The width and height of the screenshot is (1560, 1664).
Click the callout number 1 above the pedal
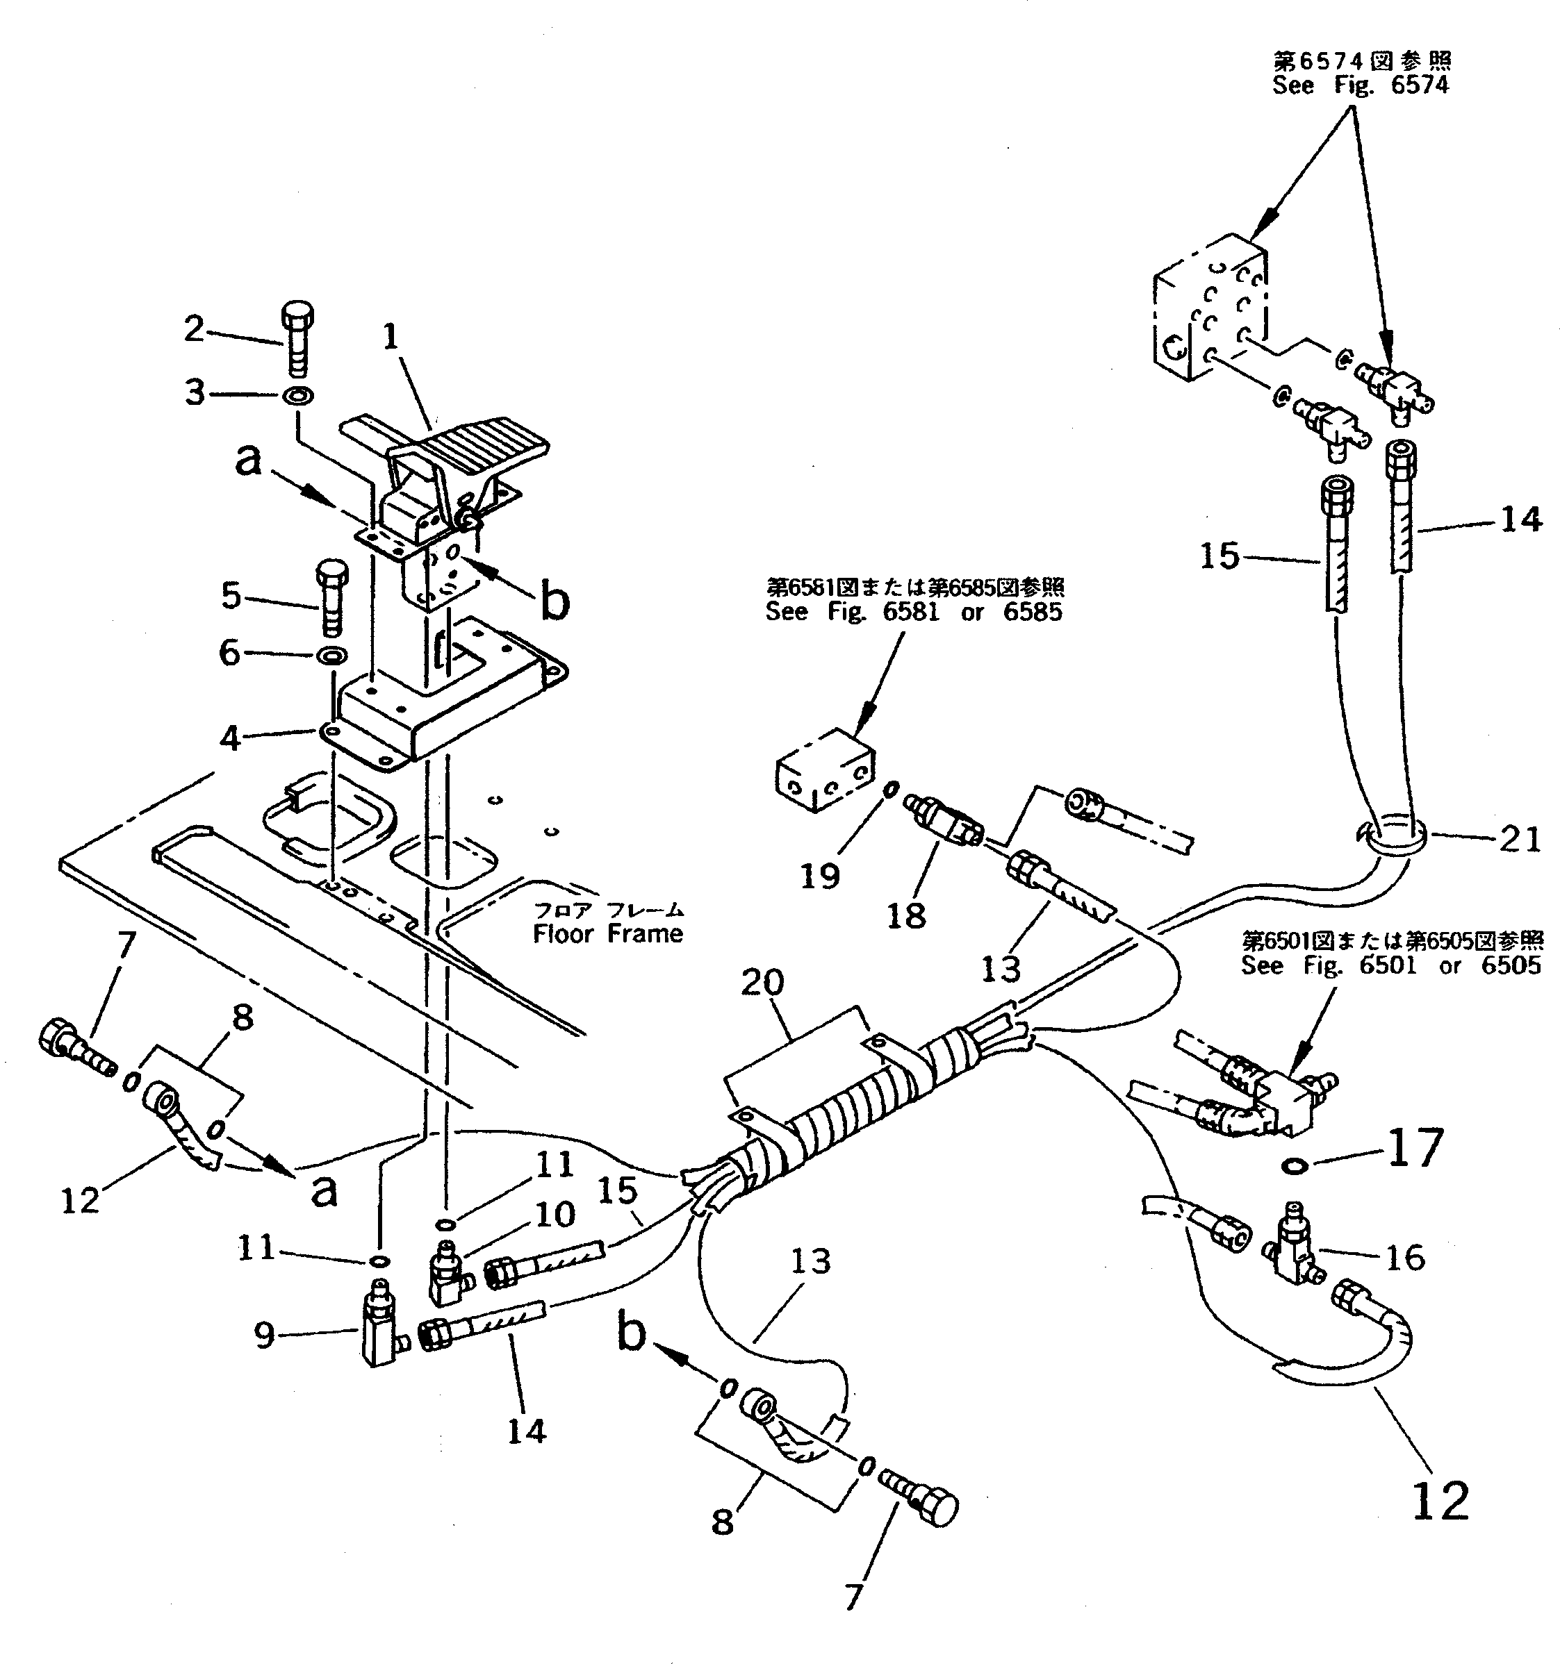[x=391, y=338]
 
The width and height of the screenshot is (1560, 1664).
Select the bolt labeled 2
[x=298, y=339]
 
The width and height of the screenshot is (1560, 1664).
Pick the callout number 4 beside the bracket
[x=230, y=738]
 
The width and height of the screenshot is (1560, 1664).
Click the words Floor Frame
[x=608, y=934]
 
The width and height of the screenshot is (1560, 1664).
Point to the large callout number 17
[x=1416, y=1149]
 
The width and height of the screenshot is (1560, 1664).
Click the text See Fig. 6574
[x=1360, y=85]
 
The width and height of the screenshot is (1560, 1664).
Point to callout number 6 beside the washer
[x=230, y=653]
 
